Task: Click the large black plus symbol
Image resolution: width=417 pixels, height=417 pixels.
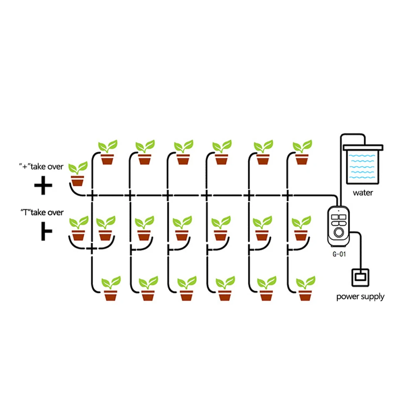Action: [x=43, y=187]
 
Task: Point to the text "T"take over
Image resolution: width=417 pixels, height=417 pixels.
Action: [x=42, y=212]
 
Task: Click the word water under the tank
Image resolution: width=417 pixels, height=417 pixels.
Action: [x=363, y=193]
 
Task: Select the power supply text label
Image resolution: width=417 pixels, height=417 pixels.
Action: [x=360, y=297]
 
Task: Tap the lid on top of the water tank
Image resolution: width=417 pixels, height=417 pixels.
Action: [x=362, y=146]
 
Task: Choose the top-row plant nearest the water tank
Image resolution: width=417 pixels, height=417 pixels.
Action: [x=302, y=153]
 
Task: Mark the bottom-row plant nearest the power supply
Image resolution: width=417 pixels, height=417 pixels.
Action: [x=305, y=289]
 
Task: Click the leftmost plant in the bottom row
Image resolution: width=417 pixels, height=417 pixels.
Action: [x=111, y=289]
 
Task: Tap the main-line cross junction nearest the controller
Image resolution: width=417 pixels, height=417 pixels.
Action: [x=287, y=195]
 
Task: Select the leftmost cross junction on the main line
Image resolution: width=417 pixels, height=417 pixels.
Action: [x=92, y=195]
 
